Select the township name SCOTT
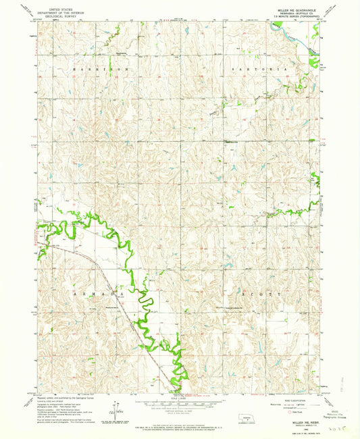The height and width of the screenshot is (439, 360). click(x=261, y=295)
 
